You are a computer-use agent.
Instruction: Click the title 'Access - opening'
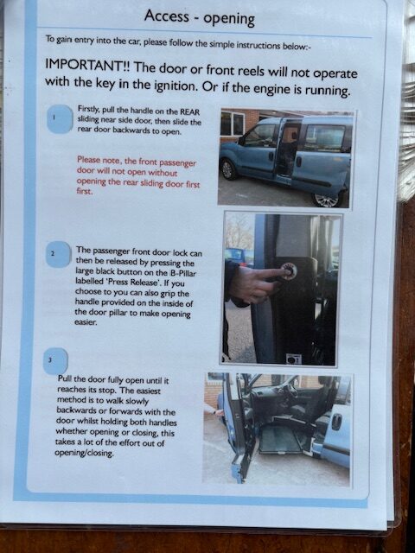click(200, 18)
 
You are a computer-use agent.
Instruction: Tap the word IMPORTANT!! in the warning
click(88, 65)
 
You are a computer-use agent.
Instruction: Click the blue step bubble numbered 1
click(60, 119)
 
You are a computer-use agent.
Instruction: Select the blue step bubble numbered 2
click(58, 254)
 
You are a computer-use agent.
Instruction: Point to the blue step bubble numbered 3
click(55, 361)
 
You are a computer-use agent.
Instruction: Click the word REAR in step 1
click(190, 112)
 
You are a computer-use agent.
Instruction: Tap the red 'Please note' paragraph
click(138, 176)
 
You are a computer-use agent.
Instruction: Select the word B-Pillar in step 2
click(184, 273)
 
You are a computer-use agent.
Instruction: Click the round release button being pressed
click(289, 271)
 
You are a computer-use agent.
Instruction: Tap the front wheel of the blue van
click(228, 169)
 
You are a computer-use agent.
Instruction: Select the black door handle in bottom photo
click(336, 422)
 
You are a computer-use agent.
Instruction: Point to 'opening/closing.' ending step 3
click(85, 453)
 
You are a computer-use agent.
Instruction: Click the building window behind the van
click(233, 124)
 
